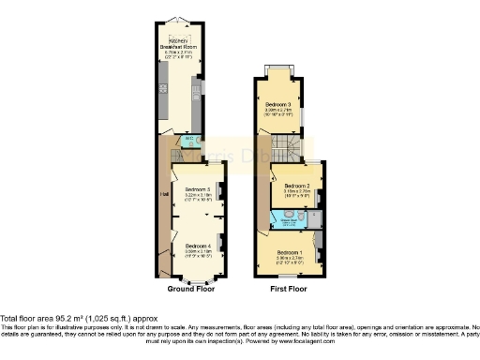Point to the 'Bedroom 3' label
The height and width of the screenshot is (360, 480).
[277, 103]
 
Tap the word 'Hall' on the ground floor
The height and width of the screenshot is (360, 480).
[163, 194]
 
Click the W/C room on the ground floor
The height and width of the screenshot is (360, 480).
[189, 142]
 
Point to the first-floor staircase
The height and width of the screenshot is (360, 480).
[292, 146]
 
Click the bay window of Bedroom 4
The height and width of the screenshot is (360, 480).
[195, 278]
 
